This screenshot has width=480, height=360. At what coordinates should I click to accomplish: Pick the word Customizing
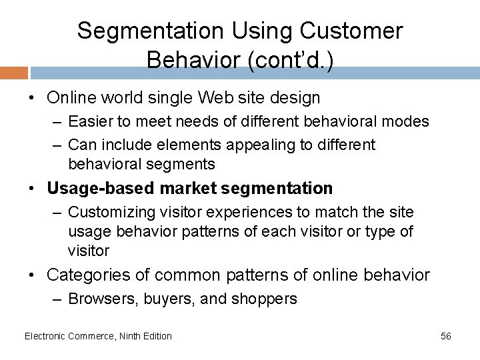(x=108, y=212)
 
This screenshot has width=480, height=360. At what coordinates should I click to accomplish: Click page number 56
(x=446, y=336)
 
